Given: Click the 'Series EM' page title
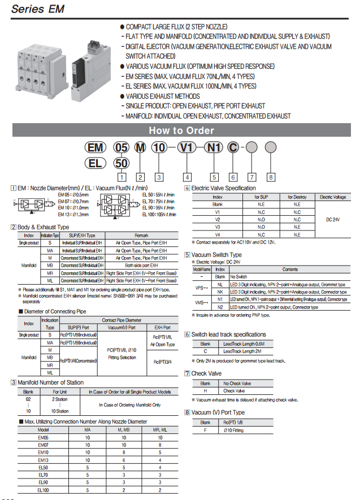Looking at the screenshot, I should click(38, 9).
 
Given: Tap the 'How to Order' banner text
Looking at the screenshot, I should click(181, 131).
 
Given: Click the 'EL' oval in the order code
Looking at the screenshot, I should click(95, 163).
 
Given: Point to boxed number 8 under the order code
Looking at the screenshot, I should click(271, 177).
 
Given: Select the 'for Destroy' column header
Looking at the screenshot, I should click(297, 197).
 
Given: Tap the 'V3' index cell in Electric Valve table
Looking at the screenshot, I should click(218, 227).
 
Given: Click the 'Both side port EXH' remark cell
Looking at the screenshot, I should click(141, 265).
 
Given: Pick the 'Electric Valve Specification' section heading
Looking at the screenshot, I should click(223, 188).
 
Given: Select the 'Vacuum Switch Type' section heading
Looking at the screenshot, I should click(216, 255).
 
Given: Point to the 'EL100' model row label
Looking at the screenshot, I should click(43, 490).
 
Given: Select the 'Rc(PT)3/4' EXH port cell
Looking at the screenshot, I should click(163, 362).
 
